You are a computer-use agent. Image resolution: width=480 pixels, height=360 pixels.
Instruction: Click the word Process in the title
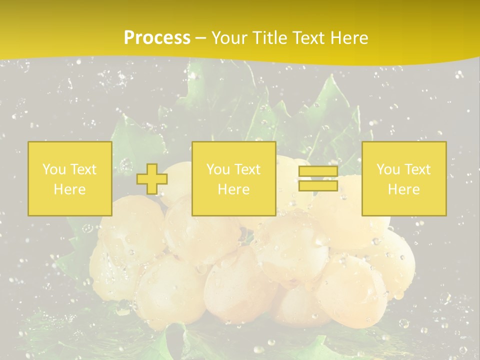point(157,38)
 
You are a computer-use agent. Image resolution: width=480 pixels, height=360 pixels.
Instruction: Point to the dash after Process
point(200,38)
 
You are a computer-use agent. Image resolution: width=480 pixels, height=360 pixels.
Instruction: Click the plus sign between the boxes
point(152,179)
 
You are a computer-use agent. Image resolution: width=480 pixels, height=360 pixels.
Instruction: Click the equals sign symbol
point(318,178)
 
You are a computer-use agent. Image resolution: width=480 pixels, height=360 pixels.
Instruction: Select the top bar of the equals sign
point(318,171)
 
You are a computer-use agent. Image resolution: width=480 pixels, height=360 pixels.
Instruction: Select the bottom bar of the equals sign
point(318,185)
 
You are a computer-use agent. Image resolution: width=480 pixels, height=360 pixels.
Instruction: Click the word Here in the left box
point(69,189)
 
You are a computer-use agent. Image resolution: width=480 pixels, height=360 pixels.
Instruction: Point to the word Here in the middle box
point(233,189)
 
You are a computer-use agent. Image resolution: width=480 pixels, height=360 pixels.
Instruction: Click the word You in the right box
point(387,169)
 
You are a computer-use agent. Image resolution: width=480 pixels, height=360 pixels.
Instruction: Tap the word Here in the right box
point(403,189)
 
